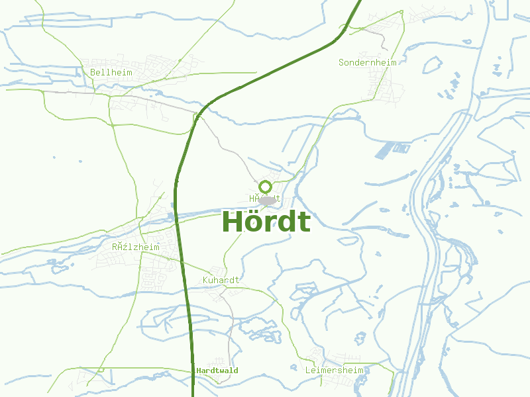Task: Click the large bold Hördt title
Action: [266, 222]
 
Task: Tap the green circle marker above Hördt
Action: [266, 187]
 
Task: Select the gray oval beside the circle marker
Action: [268, 200]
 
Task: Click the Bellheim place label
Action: [111, 72]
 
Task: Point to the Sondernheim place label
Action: [367, 62]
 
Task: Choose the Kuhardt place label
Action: [221, 281]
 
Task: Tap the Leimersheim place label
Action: [335, 371]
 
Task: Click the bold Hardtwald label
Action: [217, 371]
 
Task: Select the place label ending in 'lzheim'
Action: [136, 247]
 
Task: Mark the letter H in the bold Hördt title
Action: [233, 222]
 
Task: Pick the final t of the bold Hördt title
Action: [304, 222]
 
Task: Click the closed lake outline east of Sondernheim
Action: [432, 64]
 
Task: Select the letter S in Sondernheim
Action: [341, 62]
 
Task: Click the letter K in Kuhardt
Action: [205, 281]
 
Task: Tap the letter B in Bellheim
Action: [93, 72]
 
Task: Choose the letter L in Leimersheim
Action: [308, 371]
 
